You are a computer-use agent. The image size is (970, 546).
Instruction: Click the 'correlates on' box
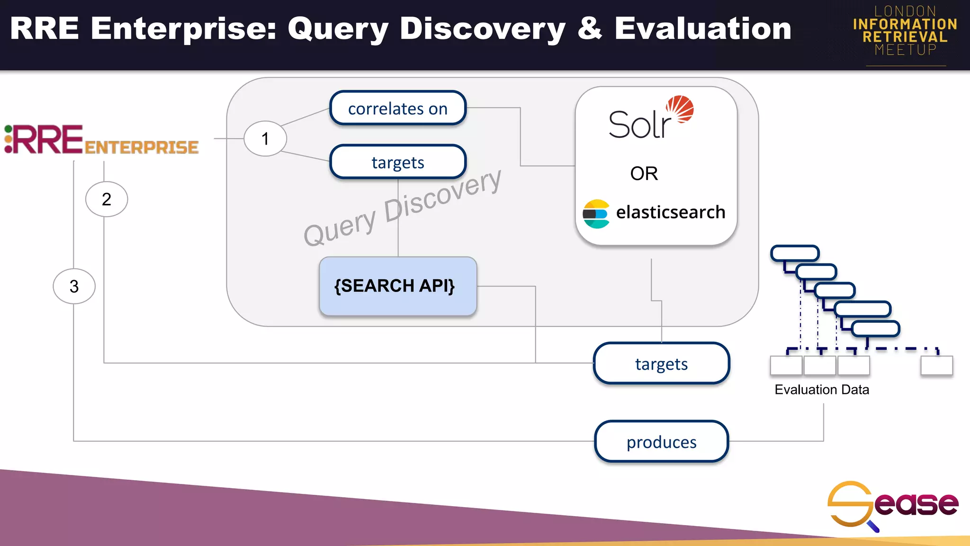[x=398, y=109]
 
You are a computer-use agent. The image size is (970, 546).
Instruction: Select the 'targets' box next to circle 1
[x=398, y=162]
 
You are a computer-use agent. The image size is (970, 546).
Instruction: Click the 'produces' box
[x=661, y=442]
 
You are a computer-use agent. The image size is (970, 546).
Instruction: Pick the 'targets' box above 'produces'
[x=661, y=364]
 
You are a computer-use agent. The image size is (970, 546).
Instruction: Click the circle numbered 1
[x=265, y=139]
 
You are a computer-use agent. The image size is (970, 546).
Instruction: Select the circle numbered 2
[x=107, y=199]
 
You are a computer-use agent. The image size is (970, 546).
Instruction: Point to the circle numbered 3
[x=74, y=286]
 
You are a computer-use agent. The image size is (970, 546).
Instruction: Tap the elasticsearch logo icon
[x=596, y=214]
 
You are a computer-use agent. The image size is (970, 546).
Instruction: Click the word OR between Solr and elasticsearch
[x=644, y=173]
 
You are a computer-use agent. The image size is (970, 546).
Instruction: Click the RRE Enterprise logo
[x=101, y=140]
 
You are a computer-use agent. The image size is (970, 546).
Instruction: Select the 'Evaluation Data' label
[x=822, y=390]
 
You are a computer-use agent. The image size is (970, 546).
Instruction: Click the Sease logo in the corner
[x=892, y=505]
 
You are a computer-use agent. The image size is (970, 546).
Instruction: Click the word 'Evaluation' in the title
[x=703, y=28]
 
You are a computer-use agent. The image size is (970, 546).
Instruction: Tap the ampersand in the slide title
[x=590, y=28]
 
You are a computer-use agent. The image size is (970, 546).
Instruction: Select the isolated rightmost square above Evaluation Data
[x=936, y=365]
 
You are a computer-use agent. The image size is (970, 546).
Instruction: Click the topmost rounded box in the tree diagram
[x=795, y=253]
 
